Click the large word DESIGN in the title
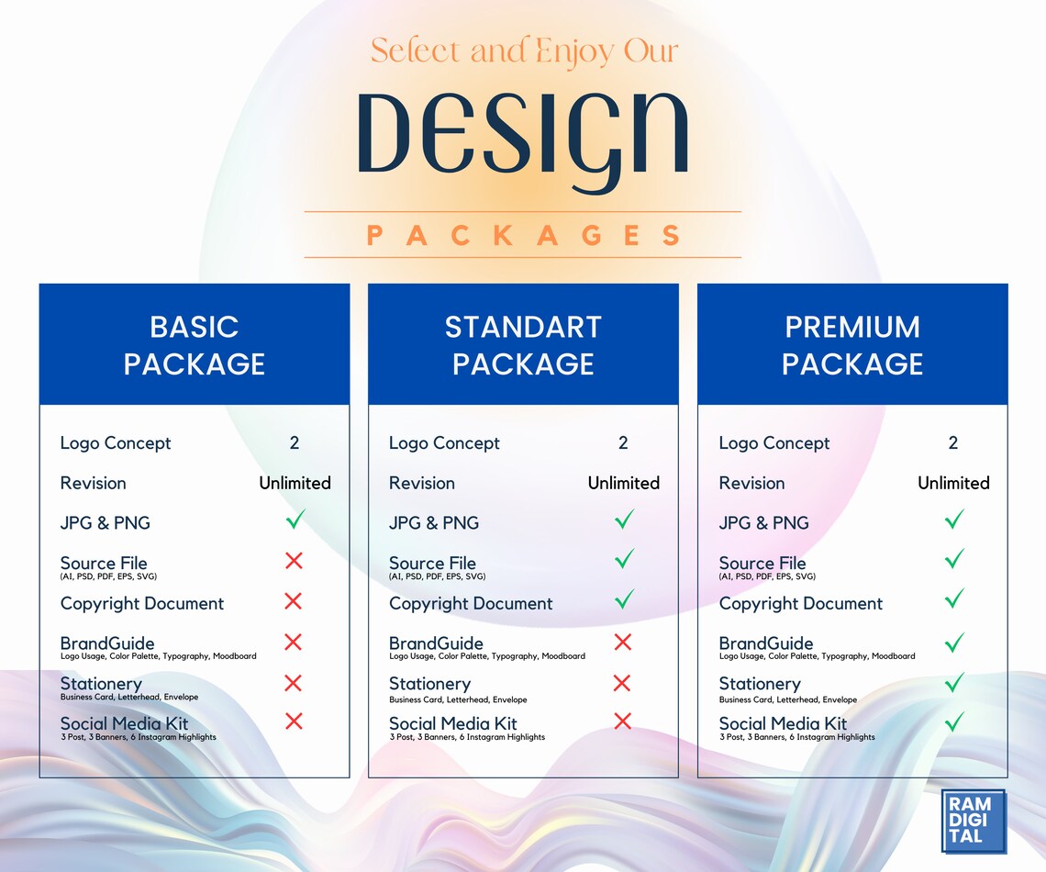click(522, 134)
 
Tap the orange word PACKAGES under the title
click(523, 235)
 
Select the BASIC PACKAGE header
click(195, 345)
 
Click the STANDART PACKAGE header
click(523, 345)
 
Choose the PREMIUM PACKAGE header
click(852, 345)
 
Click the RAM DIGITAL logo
click(974, 821)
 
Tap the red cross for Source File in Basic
click(294, 561)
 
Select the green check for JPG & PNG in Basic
click(295, 520)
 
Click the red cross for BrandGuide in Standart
click(623, 642)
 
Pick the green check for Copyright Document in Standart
click(624, 600)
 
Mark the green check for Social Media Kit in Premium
click(954, 721)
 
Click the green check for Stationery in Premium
click(954, 682)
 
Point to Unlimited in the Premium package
click(953, 483)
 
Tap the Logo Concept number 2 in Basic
click(295, 443)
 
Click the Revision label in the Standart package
click(422, 483)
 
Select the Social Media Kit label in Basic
click(124, 723)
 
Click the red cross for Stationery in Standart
click(622, 682)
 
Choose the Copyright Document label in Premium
click(800, 603)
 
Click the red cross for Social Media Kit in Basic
click(294, 721)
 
